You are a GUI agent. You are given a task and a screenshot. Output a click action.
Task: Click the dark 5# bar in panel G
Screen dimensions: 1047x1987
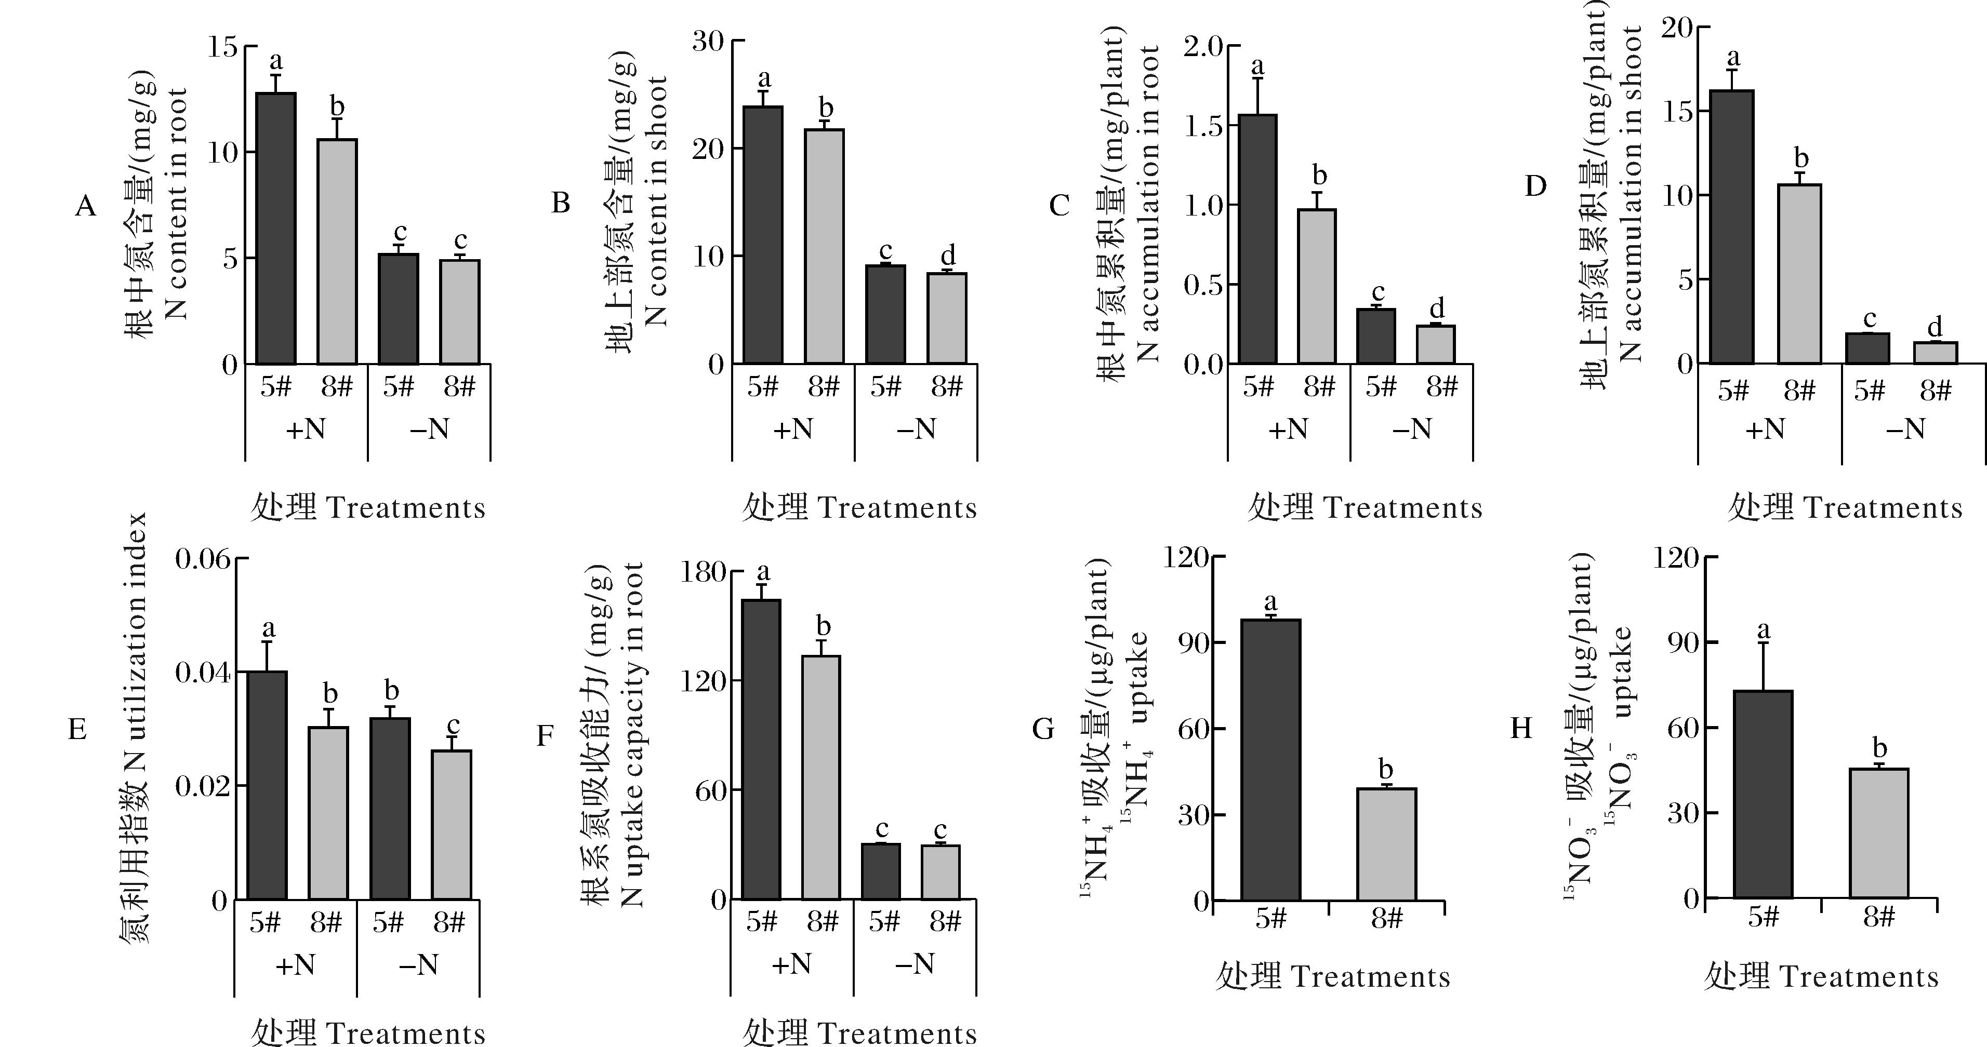click(x=1270, y=759)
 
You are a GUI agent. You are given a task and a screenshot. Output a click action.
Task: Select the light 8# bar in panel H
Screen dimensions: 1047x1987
click(x=1879, y=833)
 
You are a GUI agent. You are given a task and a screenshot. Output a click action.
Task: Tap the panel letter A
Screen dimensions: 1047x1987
click(x=86, y=207)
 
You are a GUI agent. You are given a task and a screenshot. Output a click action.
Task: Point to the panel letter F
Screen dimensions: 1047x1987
click(x=545, y=736)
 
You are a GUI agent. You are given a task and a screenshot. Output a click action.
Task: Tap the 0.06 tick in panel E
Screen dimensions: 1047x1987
click(x=202, y=558)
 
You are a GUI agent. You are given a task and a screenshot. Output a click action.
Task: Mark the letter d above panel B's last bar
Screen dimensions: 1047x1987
click(x=948, y=255)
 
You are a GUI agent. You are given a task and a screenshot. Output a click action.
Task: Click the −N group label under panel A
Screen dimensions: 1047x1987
click(x=429, y=428)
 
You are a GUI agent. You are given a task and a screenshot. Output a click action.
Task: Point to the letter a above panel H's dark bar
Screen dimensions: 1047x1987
click(x=1764, y=630)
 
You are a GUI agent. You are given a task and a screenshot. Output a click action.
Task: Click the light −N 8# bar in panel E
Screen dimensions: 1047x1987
click(x=451, y=824)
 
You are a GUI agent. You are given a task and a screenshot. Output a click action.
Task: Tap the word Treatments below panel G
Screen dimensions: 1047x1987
click(x=1370, y=977)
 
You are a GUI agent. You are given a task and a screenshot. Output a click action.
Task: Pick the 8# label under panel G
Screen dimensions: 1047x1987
click(x=1386, y=918)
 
